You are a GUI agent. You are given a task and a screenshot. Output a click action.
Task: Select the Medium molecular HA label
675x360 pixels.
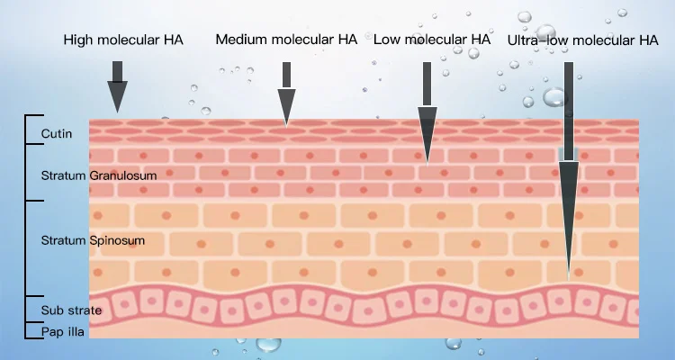(286, 40)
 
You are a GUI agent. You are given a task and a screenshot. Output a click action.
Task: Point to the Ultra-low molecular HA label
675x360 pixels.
(583, 40)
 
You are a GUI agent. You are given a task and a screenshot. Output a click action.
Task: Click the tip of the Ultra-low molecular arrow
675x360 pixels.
(568, 270)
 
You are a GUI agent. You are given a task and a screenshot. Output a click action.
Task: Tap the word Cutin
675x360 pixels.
(57, 135)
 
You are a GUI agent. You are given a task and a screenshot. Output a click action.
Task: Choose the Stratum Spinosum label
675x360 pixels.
(93, 241)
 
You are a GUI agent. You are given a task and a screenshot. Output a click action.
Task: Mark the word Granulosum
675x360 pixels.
(124, 175)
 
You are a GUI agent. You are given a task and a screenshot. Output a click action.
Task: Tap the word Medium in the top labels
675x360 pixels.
(238, 40)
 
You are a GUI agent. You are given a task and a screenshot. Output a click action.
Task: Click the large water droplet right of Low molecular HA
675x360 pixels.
(553, 97)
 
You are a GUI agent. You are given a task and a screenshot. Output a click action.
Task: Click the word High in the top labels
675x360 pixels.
(77, 40)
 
